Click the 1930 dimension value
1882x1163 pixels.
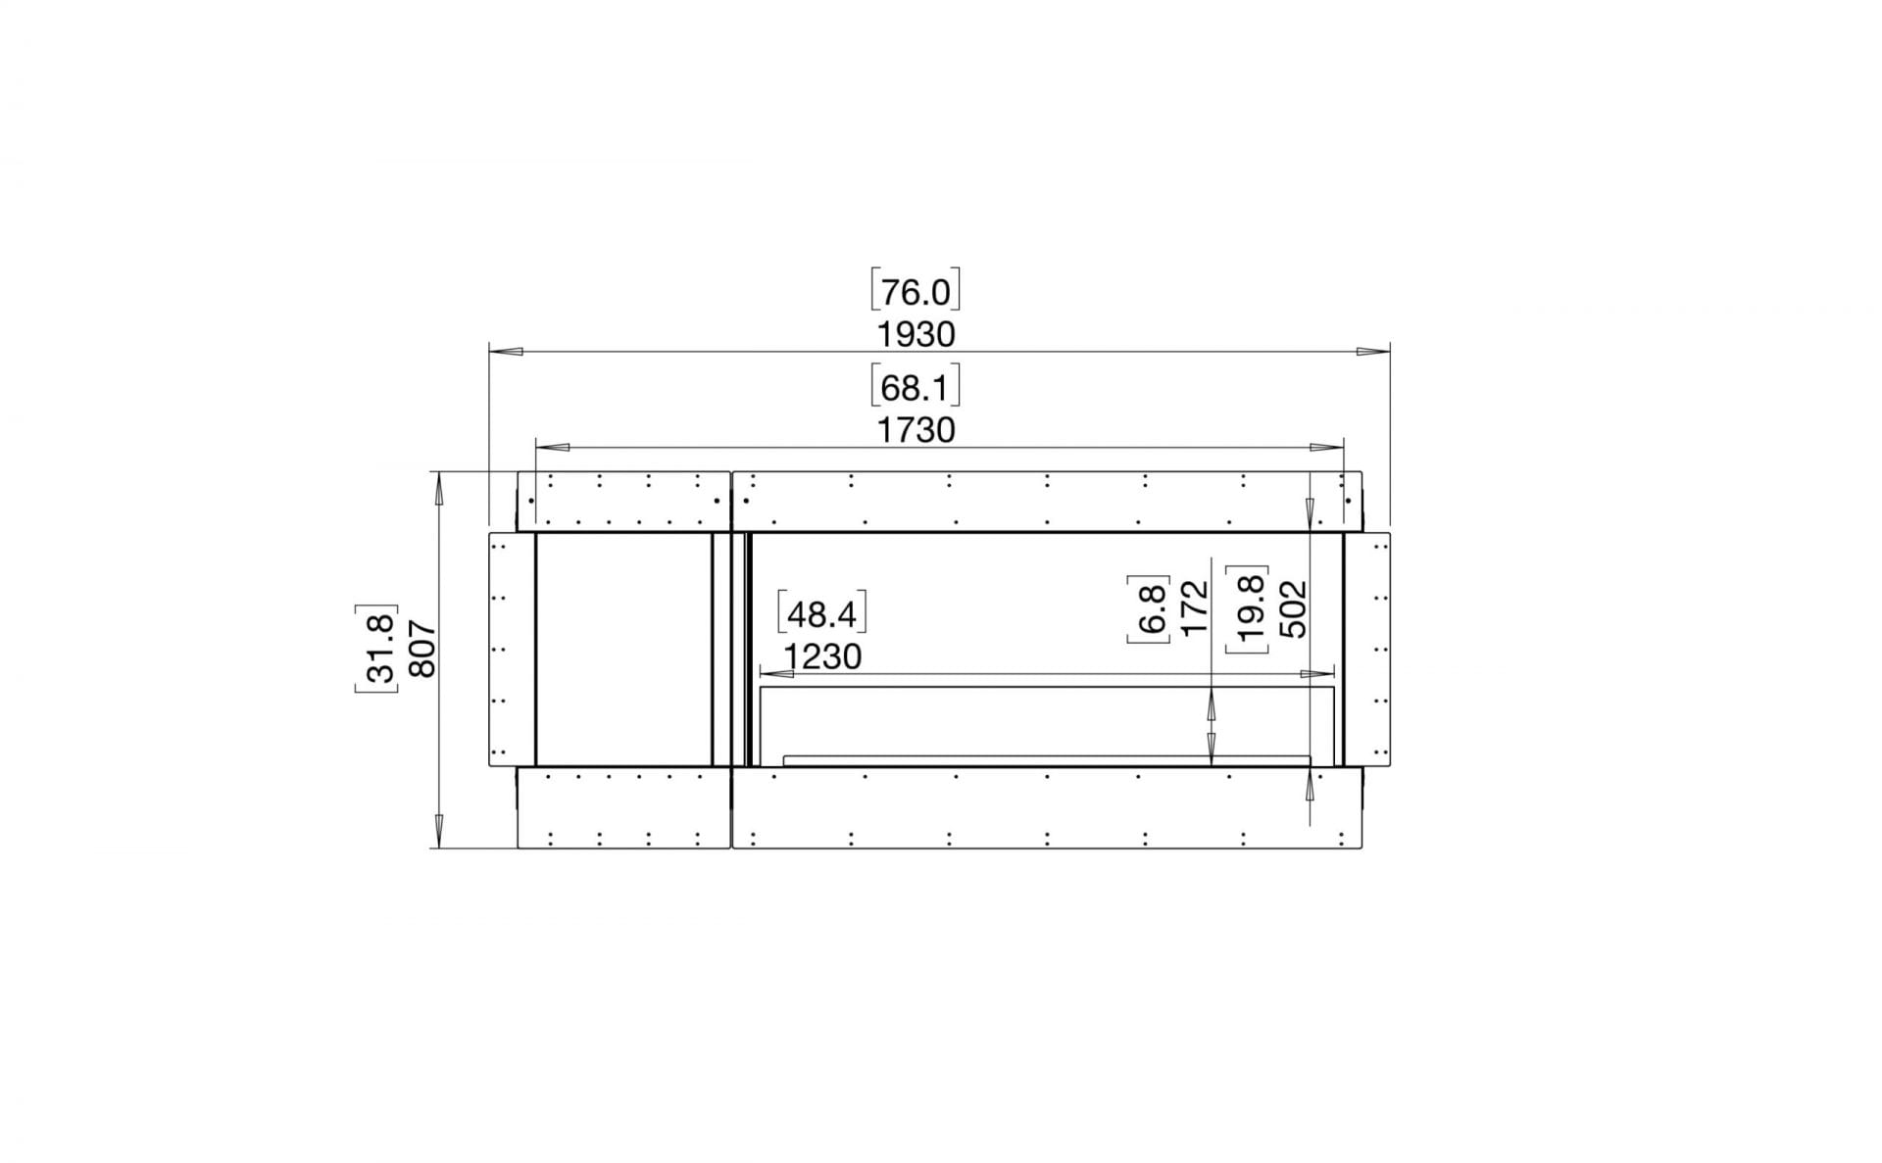[916, 334]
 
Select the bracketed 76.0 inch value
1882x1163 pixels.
[916, 292]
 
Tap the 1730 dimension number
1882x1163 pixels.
[916, 430]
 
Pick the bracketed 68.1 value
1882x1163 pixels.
[916, 388]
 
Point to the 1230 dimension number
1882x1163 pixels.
[822, 656]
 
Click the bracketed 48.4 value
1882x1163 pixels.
[822, 614]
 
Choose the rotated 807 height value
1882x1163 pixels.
[421, 649]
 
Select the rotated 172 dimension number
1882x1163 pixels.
[1195, 608]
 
